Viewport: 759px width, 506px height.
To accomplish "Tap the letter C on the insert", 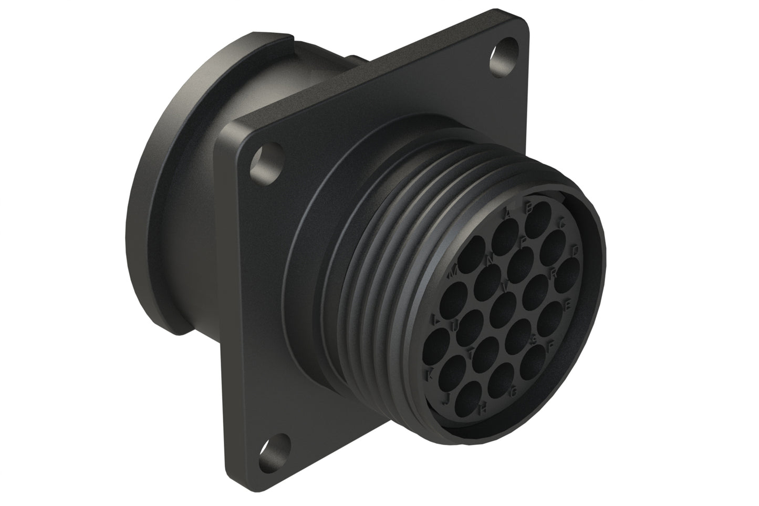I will point(562,224).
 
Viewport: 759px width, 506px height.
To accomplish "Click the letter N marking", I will point(491,259).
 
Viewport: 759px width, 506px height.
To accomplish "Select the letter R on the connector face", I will point(553,272).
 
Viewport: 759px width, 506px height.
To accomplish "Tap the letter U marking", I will point(455,327).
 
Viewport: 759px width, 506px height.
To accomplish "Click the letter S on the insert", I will point(535,339).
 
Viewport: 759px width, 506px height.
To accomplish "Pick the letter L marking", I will point(435,319).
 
